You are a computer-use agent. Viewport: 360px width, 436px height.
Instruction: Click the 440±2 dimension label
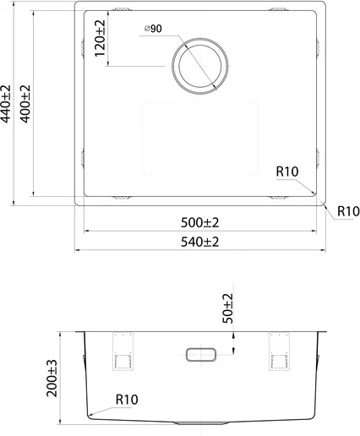[x=6, y=104]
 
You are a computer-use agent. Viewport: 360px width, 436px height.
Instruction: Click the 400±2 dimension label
[x=25, y=104]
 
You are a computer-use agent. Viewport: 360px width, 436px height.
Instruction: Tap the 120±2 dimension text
[x=100, y=38]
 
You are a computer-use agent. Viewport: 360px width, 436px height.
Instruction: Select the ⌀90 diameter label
[x=153, y=29]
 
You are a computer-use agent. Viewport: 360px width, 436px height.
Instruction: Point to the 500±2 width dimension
[x=199, y=223]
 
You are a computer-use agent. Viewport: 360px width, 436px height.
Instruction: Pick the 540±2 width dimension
[x=199, y=242]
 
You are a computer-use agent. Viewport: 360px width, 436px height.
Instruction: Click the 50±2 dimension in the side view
[x=228, y=308]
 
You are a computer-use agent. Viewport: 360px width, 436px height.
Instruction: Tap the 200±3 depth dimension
[x=52, y=379]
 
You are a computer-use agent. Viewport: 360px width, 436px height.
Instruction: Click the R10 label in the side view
[x=127, y=400]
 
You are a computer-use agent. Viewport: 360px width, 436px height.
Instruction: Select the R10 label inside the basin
[x=287, y=172]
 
